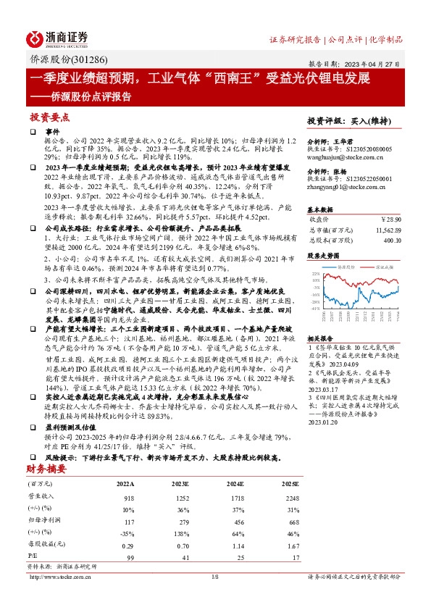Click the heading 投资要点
49,116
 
